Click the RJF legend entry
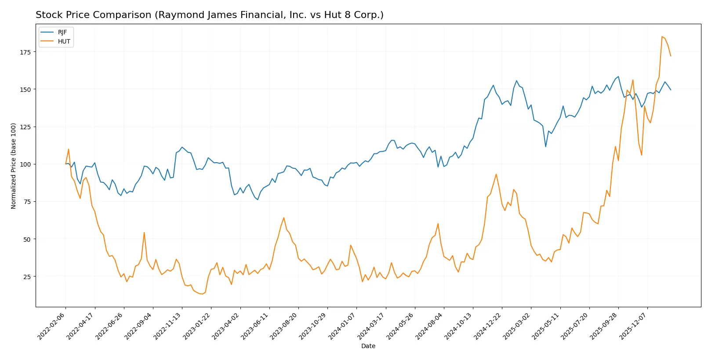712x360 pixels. coord(62,33)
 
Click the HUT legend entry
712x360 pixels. coord(64,42)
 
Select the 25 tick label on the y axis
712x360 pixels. coord(27,277)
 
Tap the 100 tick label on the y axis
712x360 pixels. coord(25,164)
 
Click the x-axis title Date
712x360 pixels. coord(368,346)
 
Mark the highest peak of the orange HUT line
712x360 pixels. coord(662,36)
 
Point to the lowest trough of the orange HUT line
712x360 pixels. coord(202,294)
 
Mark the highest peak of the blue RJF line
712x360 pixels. coord(618,76)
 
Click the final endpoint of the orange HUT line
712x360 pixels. coord(671,56)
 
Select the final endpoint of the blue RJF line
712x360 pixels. coord(671,90)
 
